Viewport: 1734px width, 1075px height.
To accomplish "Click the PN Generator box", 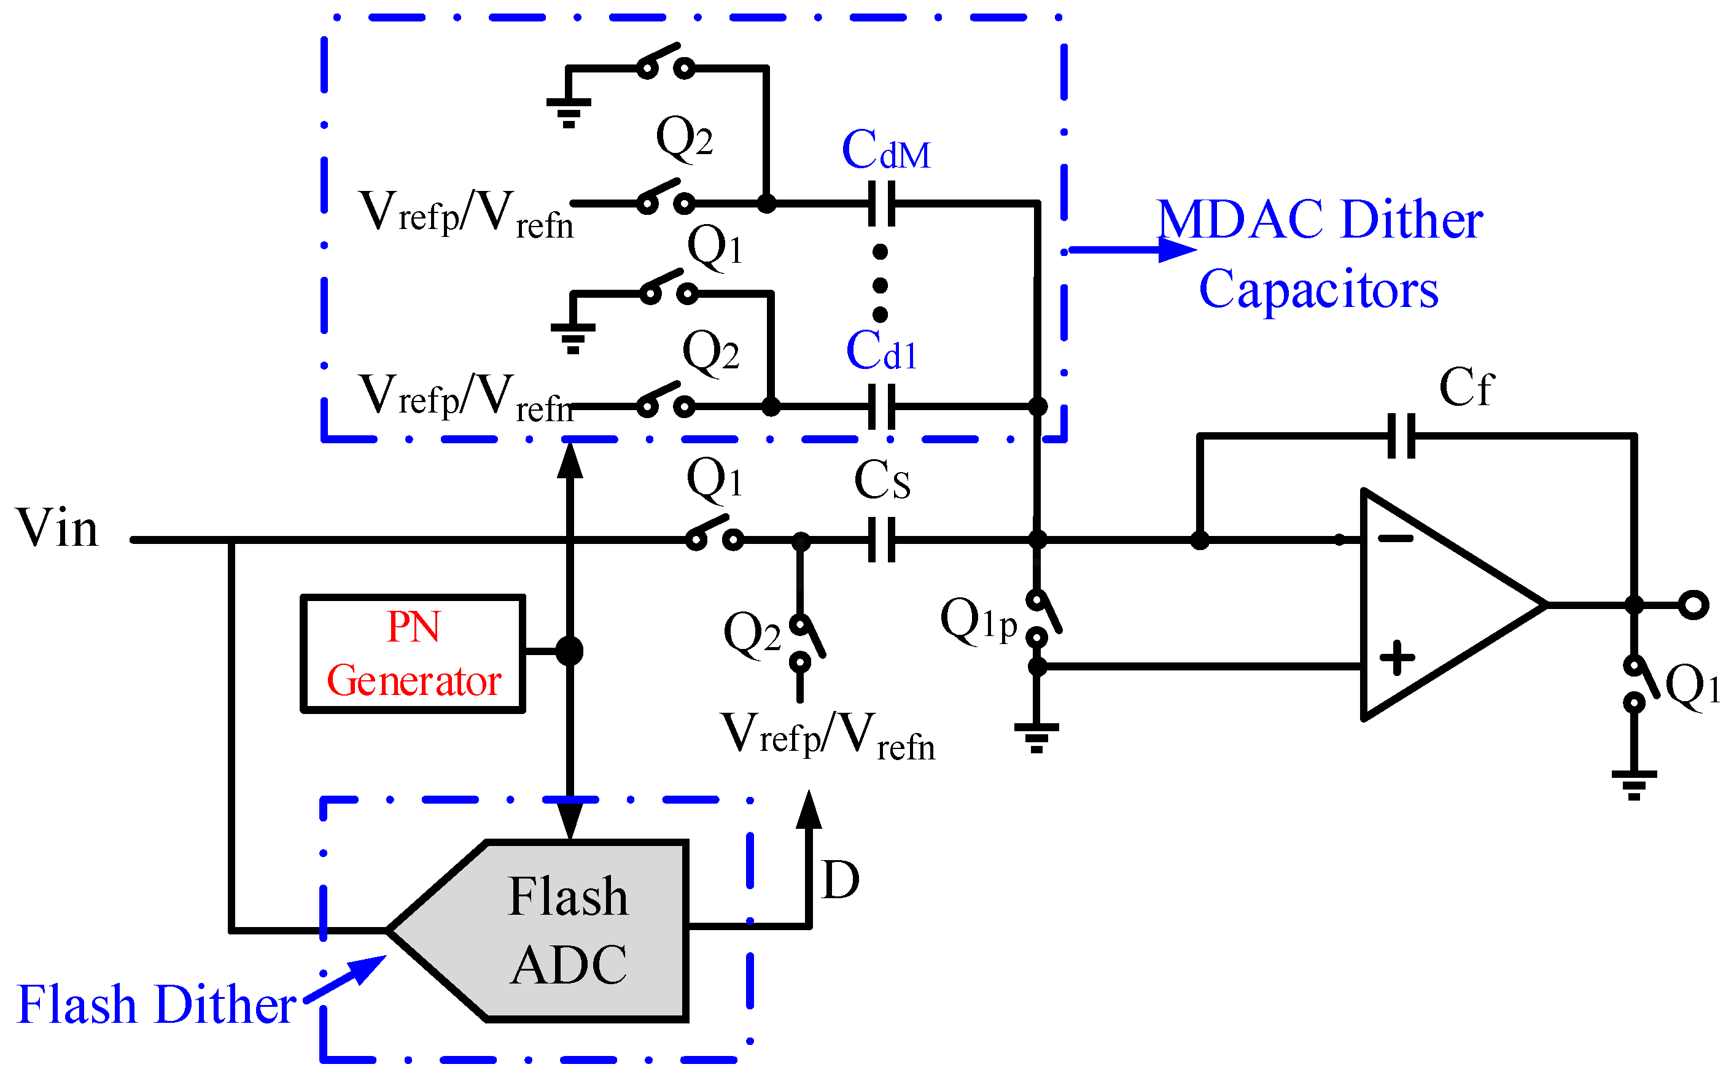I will click(x=413, y=653).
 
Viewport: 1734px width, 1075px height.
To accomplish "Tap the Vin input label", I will click(x=57, y=528).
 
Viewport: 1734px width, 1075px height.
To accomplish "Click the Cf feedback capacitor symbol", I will click(x=1401, y=436).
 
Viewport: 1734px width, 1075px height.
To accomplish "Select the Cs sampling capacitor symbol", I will click(x=882, y=540).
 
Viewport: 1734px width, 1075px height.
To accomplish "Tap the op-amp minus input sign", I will click(x=1395, y=538).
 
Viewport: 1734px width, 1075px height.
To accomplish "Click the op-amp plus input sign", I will click(x=1396, y=658).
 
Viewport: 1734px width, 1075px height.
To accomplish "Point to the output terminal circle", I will click(x=1693, y=605).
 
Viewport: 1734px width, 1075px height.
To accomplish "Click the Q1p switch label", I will click(x=978, y=620).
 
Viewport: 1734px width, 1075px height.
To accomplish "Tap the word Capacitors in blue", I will click(x=1318, y=289).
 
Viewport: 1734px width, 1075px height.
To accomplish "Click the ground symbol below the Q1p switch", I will click(x=1036, y=737).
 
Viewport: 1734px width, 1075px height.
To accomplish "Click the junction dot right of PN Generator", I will click(x=569, y=651).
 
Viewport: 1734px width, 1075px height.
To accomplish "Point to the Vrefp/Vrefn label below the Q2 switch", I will click(x=828, y=736).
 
